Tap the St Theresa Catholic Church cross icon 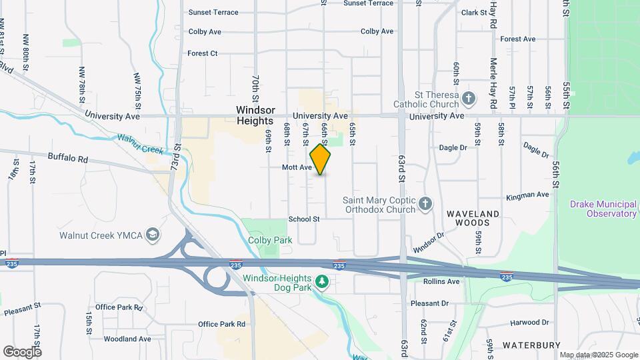469,99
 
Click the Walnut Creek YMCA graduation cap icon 153,235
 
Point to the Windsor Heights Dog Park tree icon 323,283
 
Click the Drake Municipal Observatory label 603,209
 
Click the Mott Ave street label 297,168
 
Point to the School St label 304,219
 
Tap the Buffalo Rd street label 68,159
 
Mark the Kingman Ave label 527,195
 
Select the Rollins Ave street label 441,281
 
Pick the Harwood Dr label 529,323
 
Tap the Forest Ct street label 203,53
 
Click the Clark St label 475,13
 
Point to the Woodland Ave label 127,339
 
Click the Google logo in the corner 21,351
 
